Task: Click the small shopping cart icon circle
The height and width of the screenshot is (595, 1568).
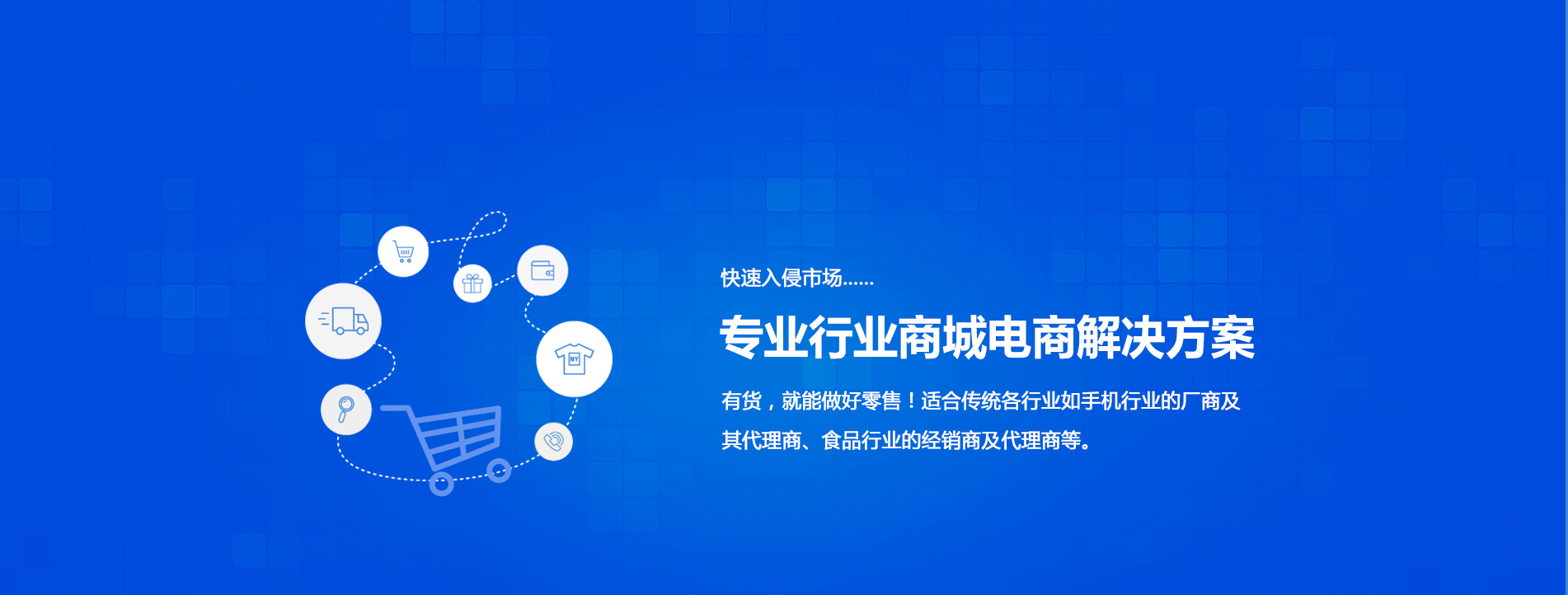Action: (403, 251)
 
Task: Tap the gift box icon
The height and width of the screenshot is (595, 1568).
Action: (472, 283)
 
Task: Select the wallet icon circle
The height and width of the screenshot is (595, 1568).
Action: (542, 270)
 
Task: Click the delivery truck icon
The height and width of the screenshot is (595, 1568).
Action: (344, 321)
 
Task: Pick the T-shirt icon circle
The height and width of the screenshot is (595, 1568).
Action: (574, 359)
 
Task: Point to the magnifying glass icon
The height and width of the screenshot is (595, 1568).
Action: (345, 409)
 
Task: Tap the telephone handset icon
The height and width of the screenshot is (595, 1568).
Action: (554, 442)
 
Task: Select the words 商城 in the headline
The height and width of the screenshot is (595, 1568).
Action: (941, 338)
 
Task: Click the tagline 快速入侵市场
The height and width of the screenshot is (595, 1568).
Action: (782, 278)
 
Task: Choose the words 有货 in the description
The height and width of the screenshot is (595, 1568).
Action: (741, 401)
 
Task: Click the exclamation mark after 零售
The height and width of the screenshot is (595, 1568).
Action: (911, 401)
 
